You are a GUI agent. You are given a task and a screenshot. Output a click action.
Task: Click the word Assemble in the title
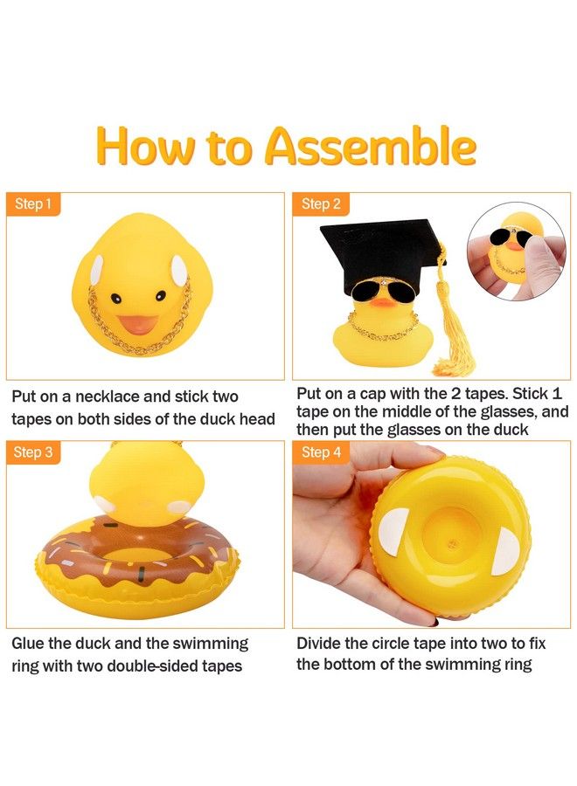pos(371,146)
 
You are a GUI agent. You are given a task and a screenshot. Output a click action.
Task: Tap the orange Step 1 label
pos(33,204)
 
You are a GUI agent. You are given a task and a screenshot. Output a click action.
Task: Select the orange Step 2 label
pos(320,204)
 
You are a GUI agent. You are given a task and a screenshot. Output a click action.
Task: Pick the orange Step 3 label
pos(33,452)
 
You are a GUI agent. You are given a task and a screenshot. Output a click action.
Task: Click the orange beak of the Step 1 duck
pos(140,324)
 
